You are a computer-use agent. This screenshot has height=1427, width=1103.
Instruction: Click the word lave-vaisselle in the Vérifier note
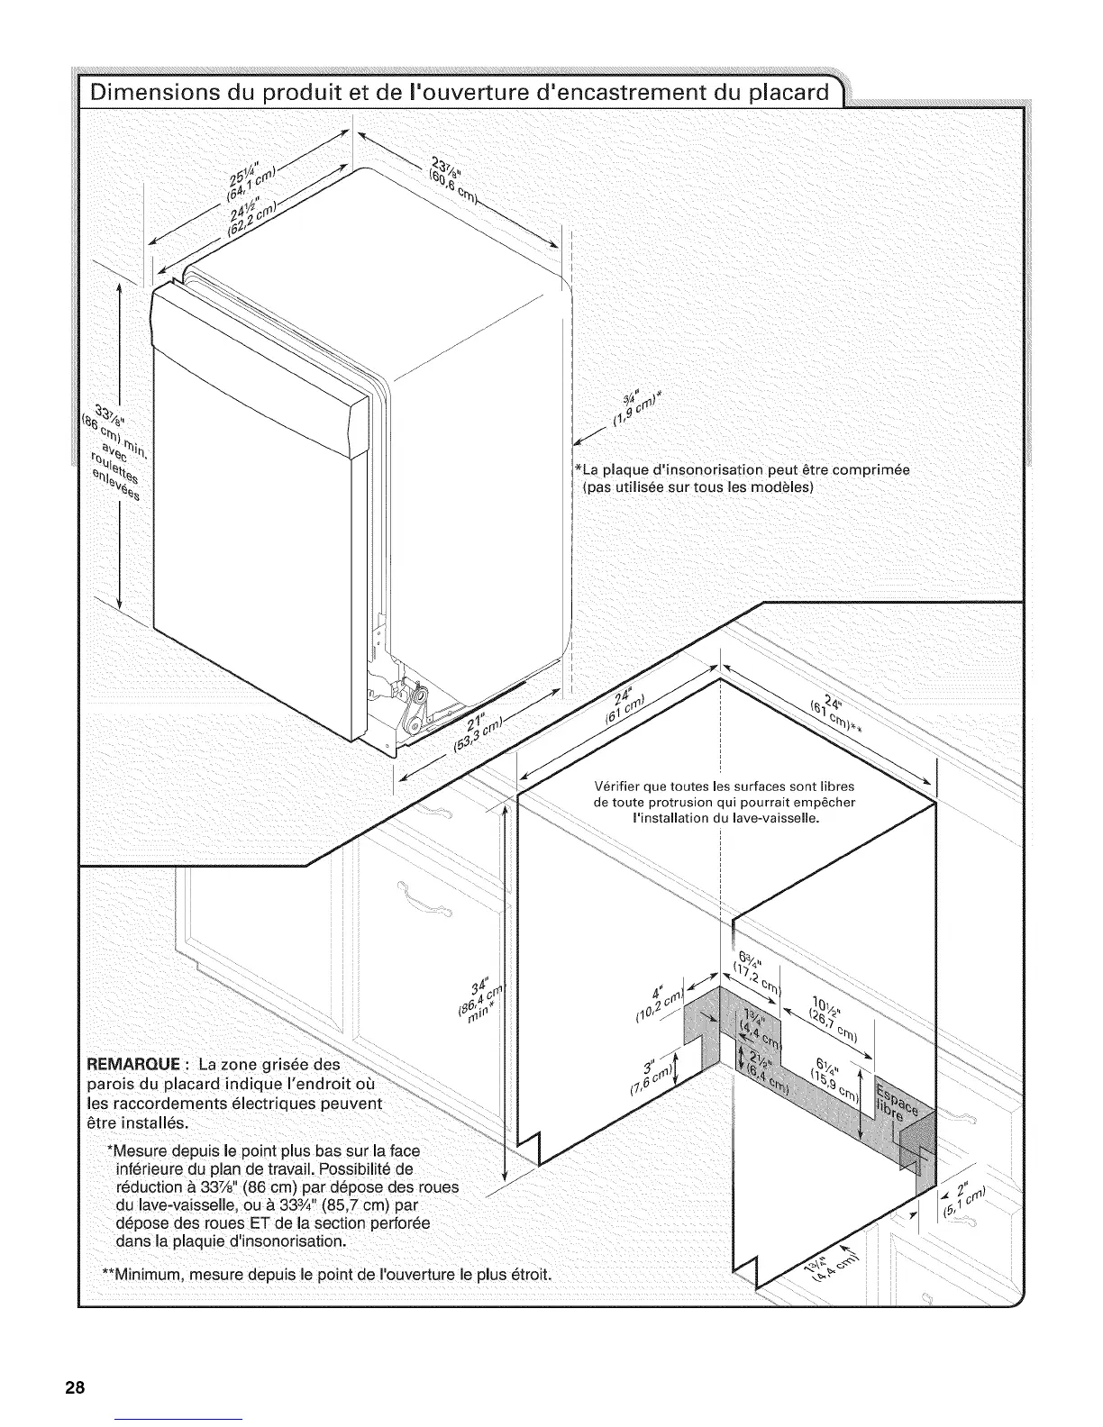[x=772, y=819]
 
